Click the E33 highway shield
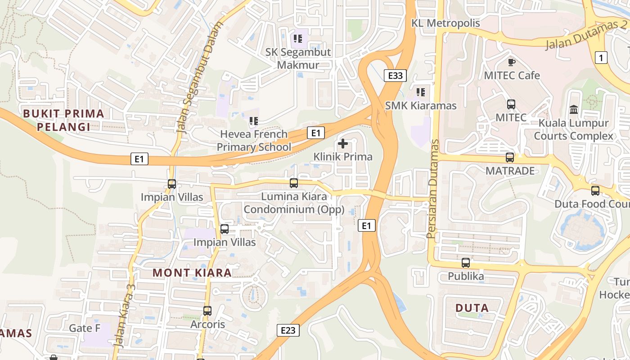[395, 76]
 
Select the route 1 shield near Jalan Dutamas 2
[601, 57]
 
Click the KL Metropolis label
[445, 23]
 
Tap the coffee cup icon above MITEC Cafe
[511, 62]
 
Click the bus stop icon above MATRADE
[509, 157]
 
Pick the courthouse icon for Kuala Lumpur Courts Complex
[574, 109]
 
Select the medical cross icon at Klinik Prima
[343, 144]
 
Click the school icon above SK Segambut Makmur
[297, 39]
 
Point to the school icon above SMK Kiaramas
[421, 92]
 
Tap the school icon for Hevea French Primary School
[254, 121]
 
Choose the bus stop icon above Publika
[466, 263]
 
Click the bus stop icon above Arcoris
[207, 310]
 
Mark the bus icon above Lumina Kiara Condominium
[294, 183]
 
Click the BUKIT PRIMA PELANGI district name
[63, 120]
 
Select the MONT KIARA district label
[192, 272]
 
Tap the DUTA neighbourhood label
[472, 308]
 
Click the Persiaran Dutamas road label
[433, 189]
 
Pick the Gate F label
[85, 328]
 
